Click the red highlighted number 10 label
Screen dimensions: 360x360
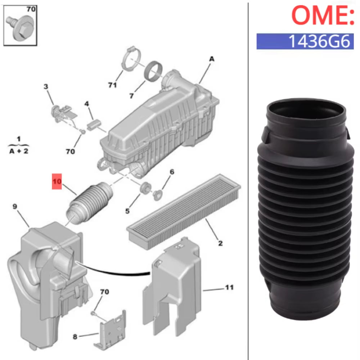tap(57, 182)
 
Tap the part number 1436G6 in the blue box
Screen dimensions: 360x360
tap(305, 41)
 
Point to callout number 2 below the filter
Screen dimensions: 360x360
tap(220, 243)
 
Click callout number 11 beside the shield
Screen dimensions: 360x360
tap(229, 287)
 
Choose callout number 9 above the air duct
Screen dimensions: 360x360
tap(15, 206)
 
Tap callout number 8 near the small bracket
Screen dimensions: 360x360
tap(75, 337)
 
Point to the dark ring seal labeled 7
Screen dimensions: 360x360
tap(153, 71)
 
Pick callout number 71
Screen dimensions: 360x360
tap(112, 85)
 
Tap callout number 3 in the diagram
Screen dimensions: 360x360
tap(46, 86)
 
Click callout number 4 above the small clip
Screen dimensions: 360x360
tap(86, 104)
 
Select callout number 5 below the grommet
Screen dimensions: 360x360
tap(127, 211)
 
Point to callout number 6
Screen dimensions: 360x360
tap(172, 172)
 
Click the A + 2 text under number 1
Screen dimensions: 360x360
tap(19, 151)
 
